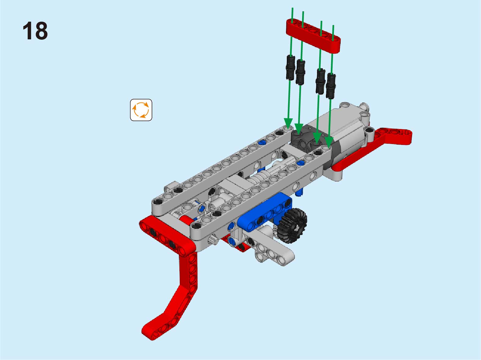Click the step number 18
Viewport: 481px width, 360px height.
(x=35, y=31)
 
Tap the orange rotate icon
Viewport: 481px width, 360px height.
(x=141, y=110)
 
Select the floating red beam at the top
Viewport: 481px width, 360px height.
(x=313, y=36)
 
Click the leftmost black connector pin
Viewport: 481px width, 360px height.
(x=290, y=67)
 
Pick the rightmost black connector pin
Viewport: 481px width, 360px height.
(x=331, y=86)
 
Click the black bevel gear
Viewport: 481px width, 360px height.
(x=292, y=225)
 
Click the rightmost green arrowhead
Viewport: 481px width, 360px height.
(x=329, y=142)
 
